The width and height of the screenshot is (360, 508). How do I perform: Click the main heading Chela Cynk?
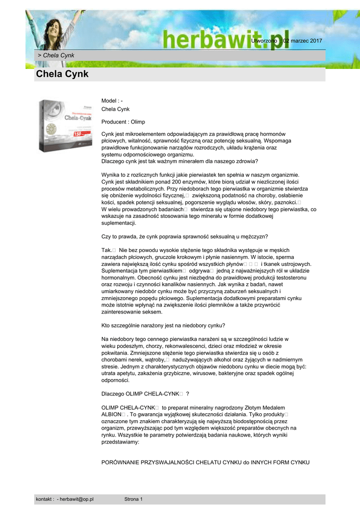(62, 74)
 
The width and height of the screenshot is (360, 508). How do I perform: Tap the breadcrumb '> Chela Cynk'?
(56, 55)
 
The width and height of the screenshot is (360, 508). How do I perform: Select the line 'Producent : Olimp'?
(123, 122)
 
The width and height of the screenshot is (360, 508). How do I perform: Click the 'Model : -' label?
(112, 101)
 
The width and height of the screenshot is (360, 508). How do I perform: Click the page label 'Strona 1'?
(133, 499)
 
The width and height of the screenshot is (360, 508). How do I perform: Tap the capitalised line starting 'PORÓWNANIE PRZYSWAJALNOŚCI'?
(205, 462)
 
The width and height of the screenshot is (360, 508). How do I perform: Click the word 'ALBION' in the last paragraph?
(111, 414)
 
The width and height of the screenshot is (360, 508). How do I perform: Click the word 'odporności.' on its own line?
(115, 381)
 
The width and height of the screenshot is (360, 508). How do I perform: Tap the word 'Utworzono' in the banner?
(264, 41)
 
